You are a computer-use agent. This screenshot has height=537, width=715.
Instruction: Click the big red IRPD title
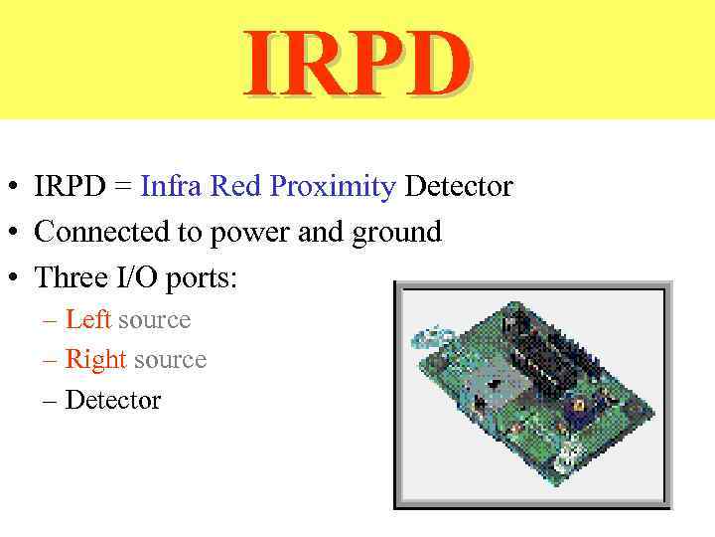point(357,64)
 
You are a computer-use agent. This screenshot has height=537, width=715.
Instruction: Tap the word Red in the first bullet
point(233,186)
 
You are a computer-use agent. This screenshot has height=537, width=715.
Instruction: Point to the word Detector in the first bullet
point(459,186)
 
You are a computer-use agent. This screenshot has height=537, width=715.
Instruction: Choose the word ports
point(202,279)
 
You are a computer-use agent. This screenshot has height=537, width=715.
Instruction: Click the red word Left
point(87,320)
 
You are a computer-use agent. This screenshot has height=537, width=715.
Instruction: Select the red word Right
point(95,360)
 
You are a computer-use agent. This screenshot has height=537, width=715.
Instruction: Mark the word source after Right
point(170,360)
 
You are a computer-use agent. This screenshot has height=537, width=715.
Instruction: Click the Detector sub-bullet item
point(112,400)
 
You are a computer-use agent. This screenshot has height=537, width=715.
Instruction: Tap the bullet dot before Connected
point(16,233)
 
